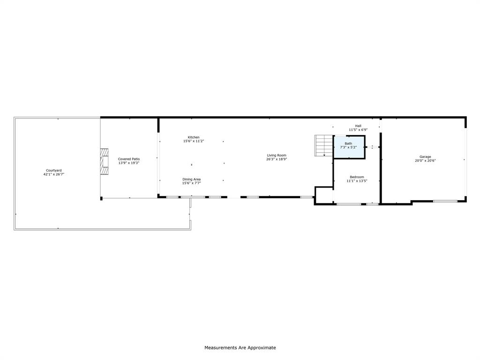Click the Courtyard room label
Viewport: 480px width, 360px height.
click(53, 170)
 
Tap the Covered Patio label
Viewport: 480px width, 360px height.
click(128, 159)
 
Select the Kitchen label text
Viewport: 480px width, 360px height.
click(194, 137)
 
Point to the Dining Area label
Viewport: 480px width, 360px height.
click(191, 179)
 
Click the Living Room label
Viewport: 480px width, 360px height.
click(277, 155)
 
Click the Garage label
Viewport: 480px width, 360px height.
click(425, 157)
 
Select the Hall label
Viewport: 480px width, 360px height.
click(358, 126)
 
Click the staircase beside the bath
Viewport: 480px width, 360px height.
click(323, 145)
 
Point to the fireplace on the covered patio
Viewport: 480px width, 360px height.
click(104, 162)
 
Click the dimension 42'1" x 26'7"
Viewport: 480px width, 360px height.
click(53, 174)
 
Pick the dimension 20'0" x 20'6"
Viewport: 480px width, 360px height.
click(425, 161)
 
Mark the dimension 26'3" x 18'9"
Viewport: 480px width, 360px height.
click(277, 159)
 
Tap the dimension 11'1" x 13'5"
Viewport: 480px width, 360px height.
click(357, 181)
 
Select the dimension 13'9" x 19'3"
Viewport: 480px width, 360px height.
click(128, 163)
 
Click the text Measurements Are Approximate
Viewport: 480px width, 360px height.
click(240, 348)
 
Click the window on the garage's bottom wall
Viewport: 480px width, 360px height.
click(445, 201)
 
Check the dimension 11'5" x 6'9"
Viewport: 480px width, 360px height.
click(358, 130)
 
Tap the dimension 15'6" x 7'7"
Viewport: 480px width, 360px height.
click(191, 183)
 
